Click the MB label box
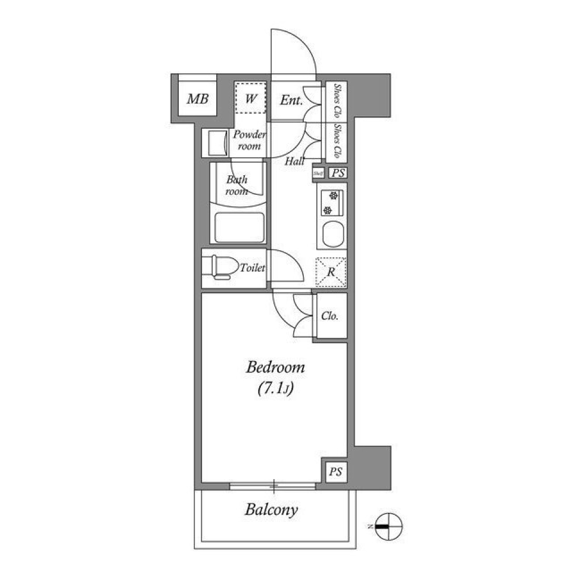point(197,99)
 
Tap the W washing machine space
point(250,98)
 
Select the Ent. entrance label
point(291,100)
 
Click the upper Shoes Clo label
point(337,101)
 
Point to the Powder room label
point(249,140)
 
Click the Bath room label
point(236,185)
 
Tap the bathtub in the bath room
point(240,227)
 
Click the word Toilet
point(252,269)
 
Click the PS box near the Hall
point(338,173)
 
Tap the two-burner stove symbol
point(329,203)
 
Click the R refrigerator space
point(331,272)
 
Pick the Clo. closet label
point(330,316)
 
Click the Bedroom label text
point(275,368)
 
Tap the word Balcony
point(272,510)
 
